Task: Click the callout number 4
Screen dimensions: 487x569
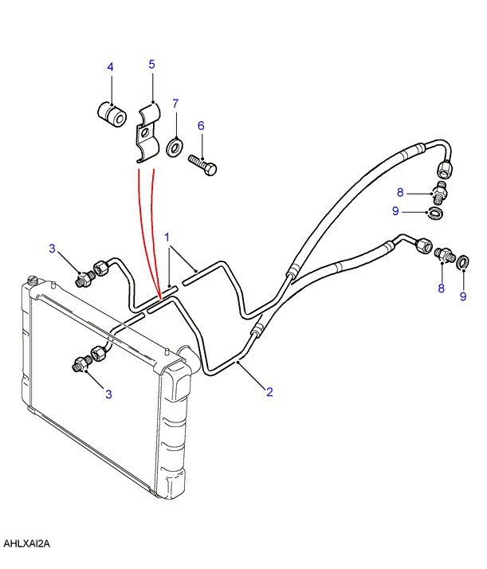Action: point(110,67)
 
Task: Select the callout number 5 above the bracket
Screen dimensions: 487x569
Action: point(151,65)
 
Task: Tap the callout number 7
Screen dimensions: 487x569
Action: point(175,104)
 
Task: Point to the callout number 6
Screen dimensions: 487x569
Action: point(201,126)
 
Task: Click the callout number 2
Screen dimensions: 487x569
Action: point(269,392)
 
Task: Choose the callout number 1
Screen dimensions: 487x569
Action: point(167,237)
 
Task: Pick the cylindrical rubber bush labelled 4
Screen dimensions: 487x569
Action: point(112,114)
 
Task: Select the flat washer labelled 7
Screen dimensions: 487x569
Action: point(175,147)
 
